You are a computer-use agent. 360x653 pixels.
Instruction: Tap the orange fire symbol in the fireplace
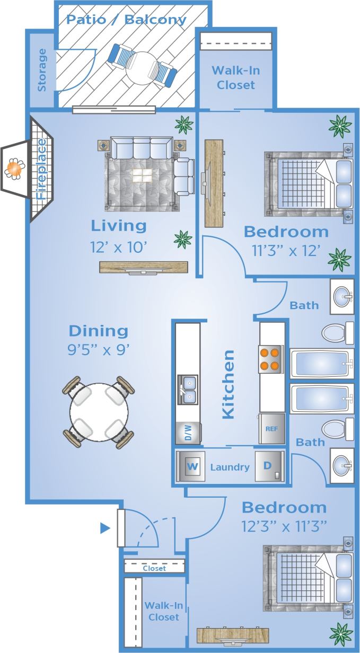[x=14, y=169]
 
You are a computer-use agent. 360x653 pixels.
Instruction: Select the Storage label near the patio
[x=42, y=70]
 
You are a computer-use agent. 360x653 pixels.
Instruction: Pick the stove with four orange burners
[x=270, y=358]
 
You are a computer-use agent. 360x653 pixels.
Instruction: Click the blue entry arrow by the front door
[x=105, y=528]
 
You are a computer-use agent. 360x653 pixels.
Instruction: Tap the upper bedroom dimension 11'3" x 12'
[x=286, y=251]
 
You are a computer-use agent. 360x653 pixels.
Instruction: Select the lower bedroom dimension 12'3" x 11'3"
[x=284, y=527]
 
